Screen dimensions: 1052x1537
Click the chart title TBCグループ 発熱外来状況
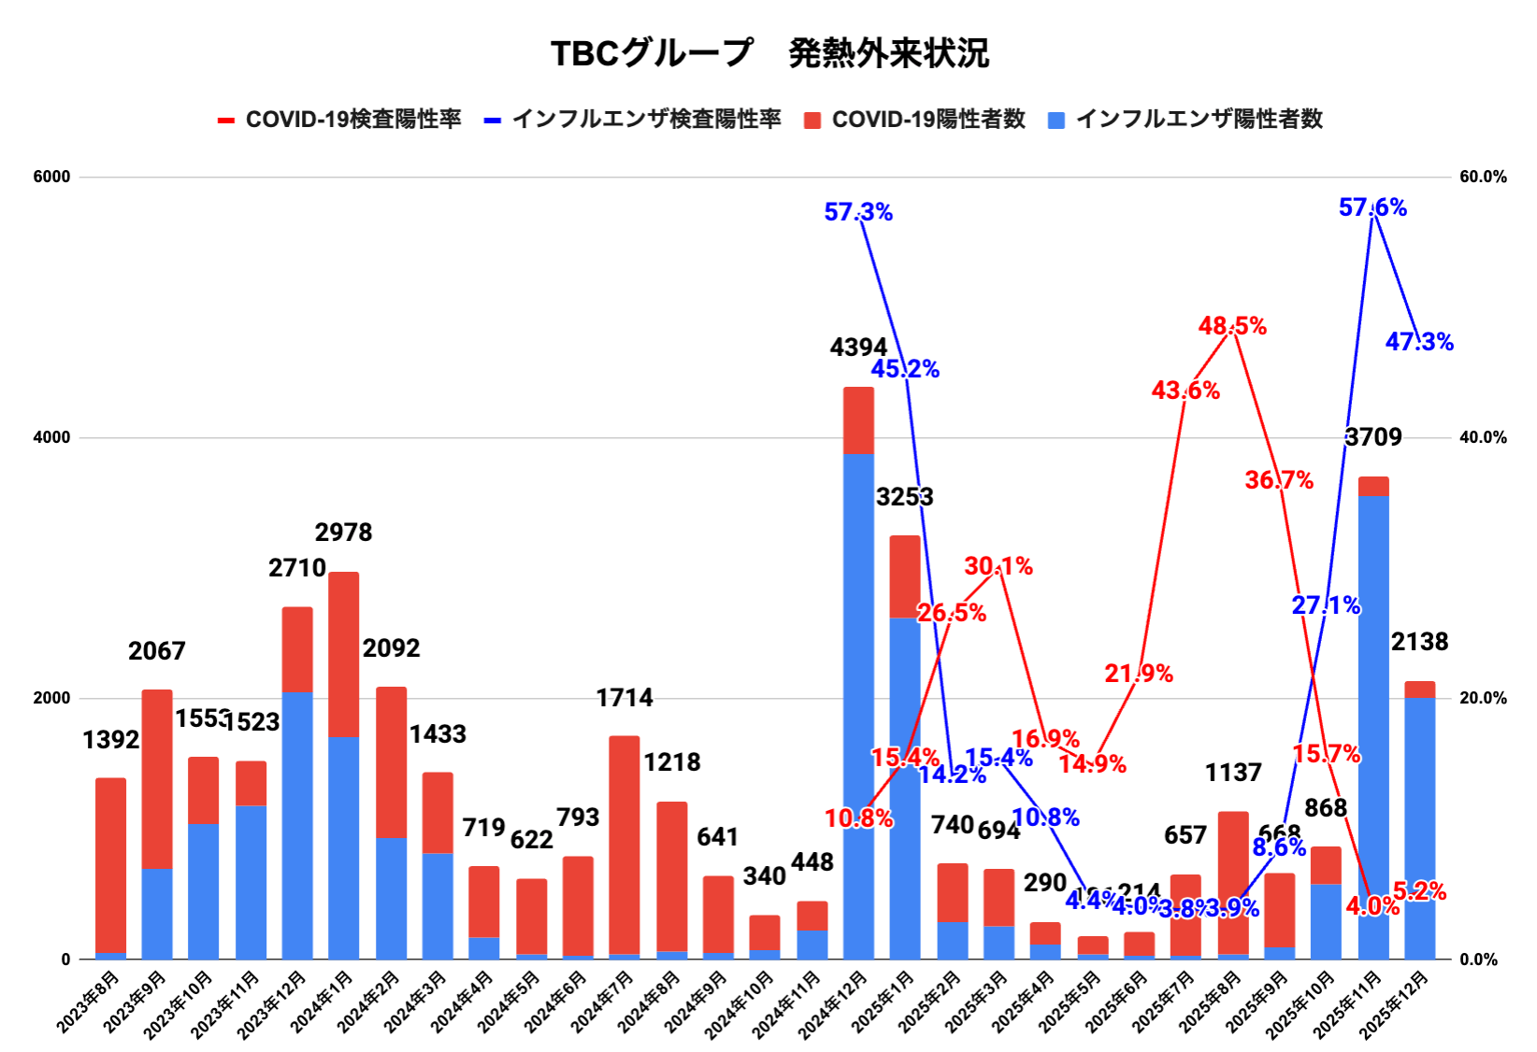(x=768, y=53)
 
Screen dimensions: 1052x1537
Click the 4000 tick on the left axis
(x=51, y=437)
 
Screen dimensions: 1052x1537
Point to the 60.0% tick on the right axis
(x=1483, y=177)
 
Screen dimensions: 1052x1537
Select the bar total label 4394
(x=858, y=348)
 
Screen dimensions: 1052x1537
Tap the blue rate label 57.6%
(x=1372, y=207)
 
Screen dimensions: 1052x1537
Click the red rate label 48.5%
(x=1232, y=326)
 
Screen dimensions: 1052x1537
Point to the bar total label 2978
(x=343, y=533)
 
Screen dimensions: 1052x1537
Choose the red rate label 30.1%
(x=998, y=566)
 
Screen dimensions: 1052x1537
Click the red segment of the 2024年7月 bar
(x=625, y=841)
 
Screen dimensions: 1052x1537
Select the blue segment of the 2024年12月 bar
(x=858, y=701)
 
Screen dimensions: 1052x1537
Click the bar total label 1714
(x=625, y=698)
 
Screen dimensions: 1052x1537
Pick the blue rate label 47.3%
(x=1419, y=342)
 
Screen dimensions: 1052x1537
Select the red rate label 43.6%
(x=1185, y=391)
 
